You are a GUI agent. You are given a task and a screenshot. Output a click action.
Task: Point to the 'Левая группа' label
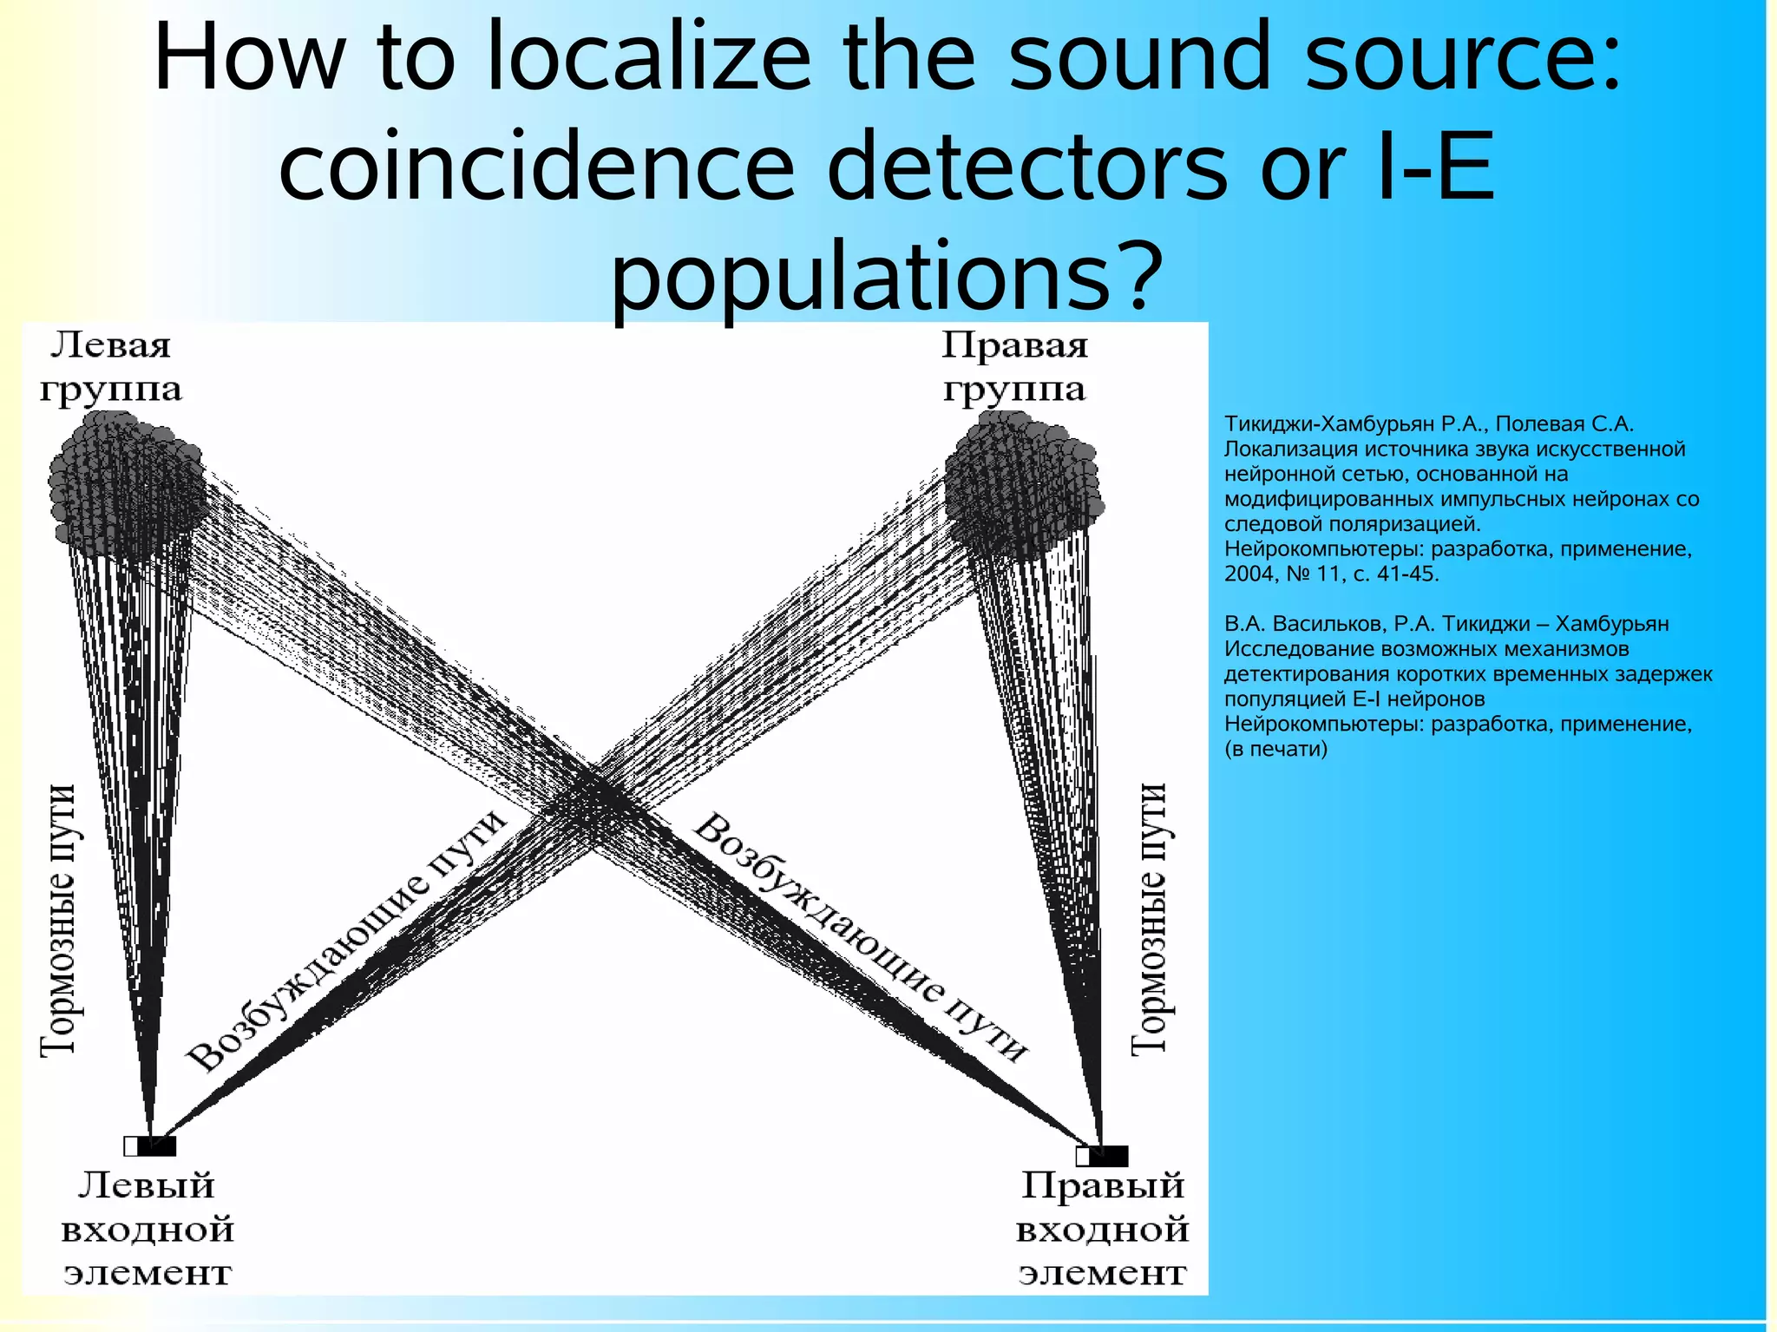point(110,367)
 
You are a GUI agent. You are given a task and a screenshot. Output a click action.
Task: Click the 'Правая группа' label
point(1014,367)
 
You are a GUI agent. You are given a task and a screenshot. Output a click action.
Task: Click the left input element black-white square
point(149,1146)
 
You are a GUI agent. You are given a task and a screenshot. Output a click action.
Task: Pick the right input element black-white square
point(1102,1156)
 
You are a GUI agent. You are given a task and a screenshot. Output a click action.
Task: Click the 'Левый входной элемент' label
point(148,1229)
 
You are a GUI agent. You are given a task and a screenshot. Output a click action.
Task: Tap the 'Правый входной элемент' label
point(1102,1229)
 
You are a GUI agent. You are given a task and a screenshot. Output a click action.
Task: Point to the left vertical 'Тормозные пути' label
point(59,920)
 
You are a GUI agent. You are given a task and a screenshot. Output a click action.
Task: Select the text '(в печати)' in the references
point(1275,749)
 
